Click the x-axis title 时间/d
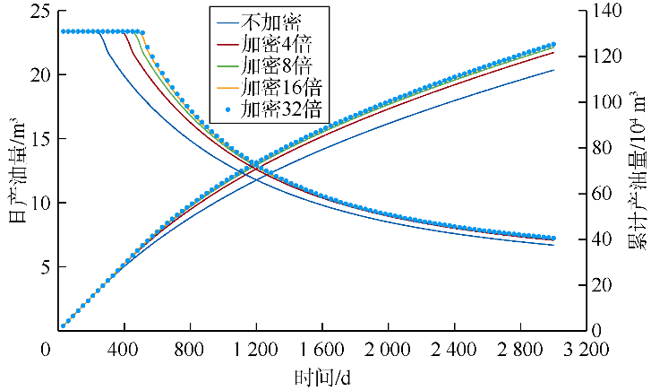tap(323, 377)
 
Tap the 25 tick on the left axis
tap(35, 11)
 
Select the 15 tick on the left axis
tap(35, 139)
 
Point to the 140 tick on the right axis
tap(611, 11)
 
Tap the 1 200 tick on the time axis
tap(256, 349)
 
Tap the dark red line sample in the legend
tap(226, 42)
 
